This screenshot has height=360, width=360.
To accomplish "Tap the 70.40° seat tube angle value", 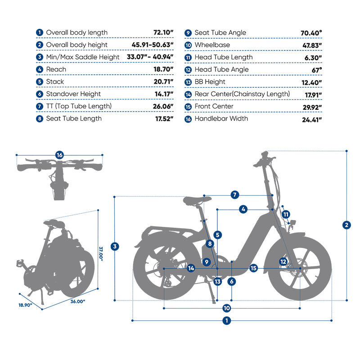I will pos(311,33).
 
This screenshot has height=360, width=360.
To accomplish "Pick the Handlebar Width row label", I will pos(221,119).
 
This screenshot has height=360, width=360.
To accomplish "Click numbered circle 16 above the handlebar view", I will pos(59,155).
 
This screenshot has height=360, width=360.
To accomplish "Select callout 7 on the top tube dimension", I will pos(235,195).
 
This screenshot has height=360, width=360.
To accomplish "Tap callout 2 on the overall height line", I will pos(346,225).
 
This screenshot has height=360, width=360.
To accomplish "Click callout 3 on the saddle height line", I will pos(115,246).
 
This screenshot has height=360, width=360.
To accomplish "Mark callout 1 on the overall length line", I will pos(226,320).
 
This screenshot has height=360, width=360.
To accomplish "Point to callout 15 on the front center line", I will pos(253,268).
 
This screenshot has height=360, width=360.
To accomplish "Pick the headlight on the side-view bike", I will pos(293,222).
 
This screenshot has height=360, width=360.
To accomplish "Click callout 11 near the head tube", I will pos(286,215).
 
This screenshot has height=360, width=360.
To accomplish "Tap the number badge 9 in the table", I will pos(188,33).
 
